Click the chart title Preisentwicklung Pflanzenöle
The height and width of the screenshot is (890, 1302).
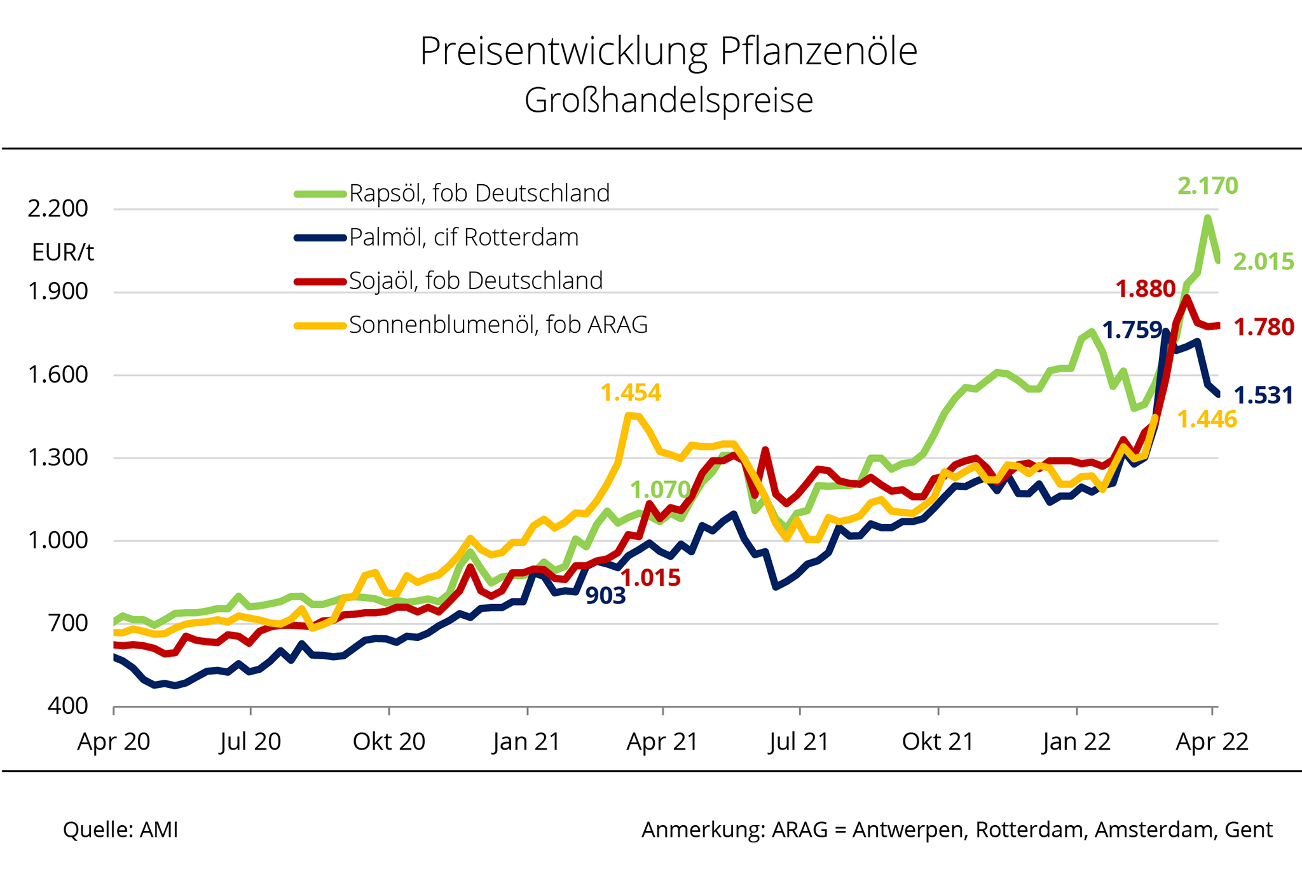(668, 51)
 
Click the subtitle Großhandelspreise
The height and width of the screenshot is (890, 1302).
(668, 100)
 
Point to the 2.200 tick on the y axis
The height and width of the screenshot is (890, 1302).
(58, 208)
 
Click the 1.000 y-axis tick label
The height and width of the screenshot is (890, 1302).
(58, 540)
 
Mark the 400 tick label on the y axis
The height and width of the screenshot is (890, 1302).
(67, 706)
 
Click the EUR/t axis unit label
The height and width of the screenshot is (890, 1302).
(63, 253)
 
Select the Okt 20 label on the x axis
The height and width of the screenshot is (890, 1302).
(389, 741)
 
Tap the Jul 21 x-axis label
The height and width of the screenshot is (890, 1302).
(799, 741)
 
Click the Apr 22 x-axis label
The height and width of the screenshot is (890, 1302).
(1212, 741)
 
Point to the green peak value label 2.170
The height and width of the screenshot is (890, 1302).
(1207, 185)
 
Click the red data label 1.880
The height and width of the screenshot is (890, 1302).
(1146, 289)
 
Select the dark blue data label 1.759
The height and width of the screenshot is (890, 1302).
(1132, 330)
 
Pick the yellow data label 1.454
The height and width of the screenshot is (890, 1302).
(631, 393)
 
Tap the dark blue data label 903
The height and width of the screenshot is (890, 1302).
(605, 595)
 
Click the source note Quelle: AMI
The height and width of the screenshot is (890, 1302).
(120, 830)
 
